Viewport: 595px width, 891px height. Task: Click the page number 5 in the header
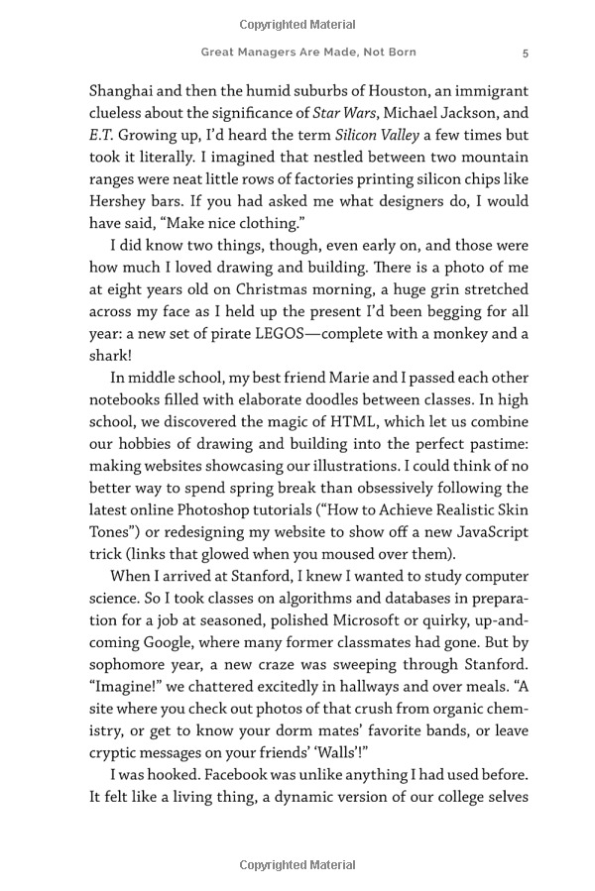526,53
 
